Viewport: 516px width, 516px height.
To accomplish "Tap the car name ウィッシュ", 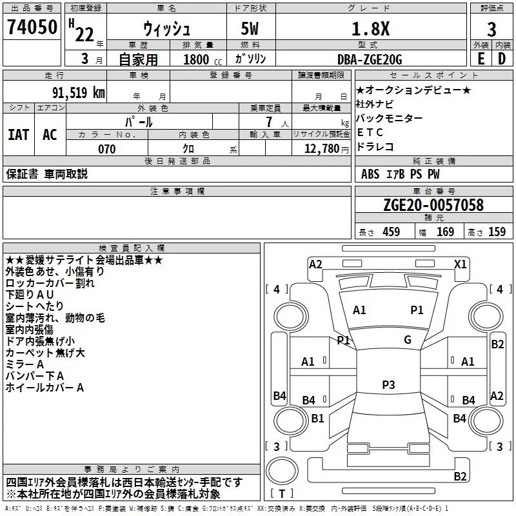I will click(x=166, y=29).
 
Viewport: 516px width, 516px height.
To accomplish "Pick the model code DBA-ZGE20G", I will click(x=370, y=59).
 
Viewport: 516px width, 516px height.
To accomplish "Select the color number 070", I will click(x=106, y=149).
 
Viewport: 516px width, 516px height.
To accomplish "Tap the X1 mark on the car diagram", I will click(x=461, y=264).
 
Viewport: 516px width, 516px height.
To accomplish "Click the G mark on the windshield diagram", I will click(x=408, y=339).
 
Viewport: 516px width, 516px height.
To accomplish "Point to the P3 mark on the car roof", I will click(x=388, y=384).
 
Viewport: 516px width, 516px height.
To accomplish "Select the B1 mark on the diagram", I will click(x=317, y=418).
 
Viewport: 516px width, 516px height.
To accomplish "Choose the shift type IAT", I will click(x=18, y=135).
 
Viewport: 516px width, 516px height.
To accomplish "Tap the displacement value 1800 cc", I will click(x=197, y=59).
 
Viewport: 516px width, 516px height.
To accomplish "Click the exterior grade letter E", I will click(x=480, y=59).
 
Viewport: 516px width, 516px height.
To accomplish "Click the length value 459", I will click(x=392, y=232).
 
